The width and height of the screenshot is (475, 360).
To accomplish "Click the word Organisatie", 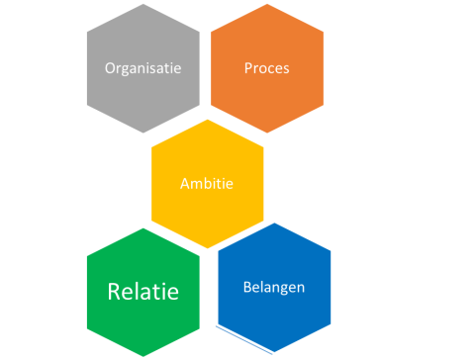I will [143, 68].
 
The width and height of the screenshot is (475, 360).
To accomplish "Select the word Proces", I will [266, 68].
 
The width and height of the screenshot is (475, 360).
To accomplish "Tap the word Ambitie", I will [207, 183].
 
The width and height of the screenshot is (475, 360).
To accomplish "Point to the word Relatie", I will [143, 292].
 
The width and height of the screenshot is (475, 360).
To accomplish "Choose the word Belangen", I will [273, 288].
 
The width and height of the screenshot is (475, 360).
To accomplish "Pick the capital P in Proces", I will [247, 68].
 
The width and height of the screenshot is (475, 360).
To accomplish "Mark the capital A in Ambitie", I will [185, 183].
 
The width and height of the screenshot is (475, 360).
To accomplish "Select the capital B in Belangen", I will [246, 288].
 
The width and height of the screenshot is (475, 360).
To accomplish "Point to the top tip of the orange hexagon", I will [266, 3].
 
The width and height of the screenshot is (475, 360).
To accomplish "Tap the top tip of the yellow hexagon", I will [207, 118].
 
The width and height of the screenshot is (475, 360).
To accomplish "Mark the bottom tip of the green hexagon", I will [143, 358].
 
